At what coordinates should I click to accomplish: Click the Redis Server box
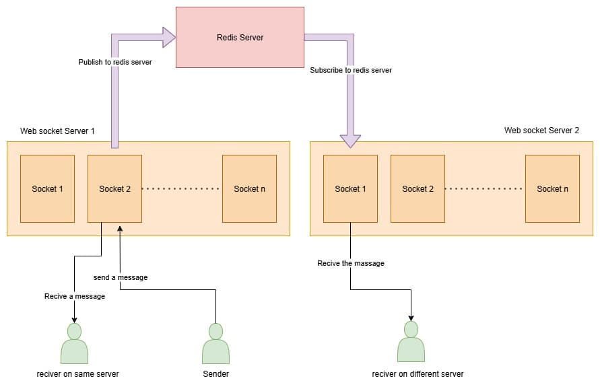click(x=239, y=37)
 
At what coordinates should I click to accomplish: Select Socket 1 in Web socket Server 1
click(x=47, y=188)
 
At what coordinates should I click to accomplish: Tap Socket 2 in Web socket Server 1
click(x=114, y=188)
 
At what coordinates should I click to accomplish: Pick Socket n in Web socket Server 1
click(x=249, y=188)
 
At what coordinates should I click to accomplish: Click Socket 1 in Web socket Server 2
click(x=350, y=188)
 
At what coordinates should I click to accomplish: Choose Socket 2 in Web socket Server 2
click(x=418, y=188)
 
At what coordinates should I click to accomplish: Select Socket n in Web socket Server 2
click(x=552, y=188)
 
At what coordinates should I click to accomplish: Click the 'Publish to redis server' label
click(x=115, y=62)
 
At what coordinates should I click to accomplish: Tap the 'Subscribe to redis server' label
click(x=351, y=70)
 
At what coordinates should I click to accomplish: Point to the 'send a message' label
click(x=121, y=277)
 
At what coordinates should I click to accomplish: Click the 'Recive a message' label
click(x=75, y=296)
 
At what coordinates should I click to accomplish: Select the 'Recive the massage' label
click(x=351, y=263)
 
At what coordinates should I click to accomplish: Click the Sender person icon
click(x=215, y=344)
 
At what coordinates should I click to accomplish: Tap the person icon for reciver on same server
click(x=74, y=344)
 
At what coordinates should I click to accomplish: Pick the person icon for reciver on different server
click(x=411, y=343)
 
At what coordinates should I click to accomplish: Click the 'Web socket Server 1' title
click(x=57, y=131)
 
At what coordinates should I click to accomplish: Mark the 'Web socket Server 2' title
click(x=541, y=131)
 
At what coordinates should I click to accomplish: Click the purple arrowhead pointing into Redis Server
click(x=168, y=37)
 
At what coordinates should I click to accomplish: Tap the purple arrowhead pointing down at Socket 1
click(x=350, y=141)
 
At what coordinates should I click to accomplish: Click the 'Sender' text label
click(x=215, y=374)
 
